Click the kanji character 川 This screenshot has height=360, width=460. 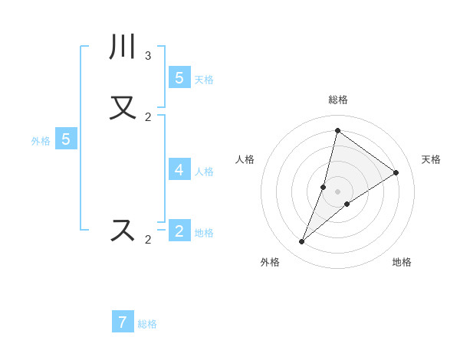[123, 47]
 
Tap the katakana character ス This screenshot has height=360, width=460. [123, 231]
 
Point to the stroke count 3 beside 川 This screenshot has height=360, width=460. [148, 56]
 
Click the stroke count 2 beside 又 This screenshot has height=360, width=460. [148, 117]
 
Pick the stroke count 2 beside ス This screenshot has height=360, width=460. [148, 240]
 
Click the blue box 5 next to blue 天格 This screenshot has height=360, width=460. [179, 77]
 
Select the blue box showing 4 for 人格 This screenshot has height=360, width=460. [179, 169]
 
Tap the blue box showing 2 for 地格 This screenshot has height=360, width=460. [179, 231]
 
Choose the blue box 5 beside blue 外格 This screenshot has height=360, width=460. [66, 139]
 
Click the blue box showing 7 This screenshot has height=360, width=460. [123, 322]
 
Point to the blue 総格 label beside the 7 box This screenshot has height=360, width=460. [147, 324]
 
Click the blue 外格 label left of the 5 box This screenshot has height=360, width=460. [41, 141]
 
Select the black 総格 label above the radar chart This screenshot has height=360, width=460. [338, 100]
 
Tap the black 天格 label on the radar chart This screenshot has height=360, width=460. [432, 159]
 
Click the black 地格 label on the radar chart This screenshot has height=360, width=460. [402, 262]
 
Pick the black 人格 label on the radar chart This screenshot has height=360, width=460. [245, 159]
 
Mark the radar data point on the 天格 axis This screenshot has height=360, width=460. [396, 172]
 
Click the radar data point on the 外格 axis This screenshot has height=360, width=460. [302, 242]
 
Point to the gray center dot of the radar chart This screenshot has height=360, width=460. [338, 191]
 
